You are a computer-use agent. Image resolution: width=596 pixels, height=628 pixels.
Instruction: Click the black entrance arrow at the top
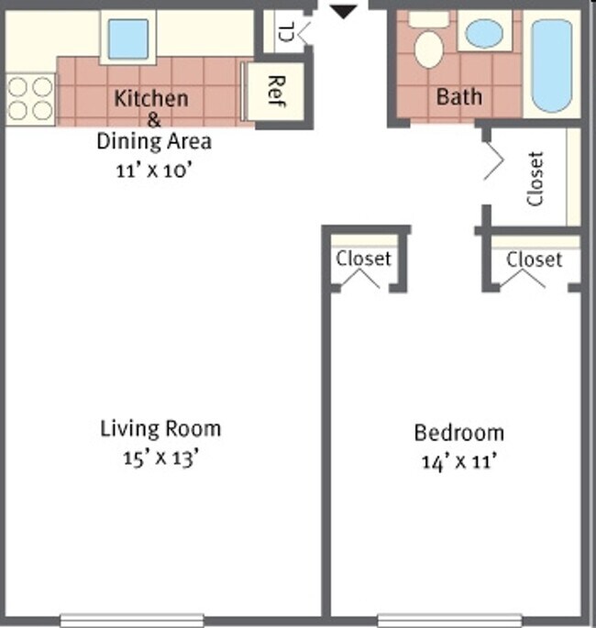point(344,11)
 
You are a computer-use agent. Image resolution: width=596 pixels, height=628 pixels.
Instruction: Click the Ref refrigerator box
point(272,92)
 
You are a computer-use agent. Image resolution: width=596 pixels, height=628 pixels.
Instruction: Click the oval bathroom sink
point(484,35)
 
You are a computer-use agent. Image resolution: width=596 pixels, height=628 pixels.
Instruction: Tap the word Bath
point(459,96)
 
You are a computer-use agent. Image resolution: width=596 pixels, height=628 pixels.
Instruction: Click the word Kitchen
point(151,98)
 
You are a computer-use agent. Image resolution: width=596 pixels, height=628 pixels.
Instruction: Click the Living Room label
point(160,428)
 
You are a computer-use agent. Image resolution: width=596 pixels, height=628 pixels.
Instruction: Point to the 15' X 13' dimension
point(160,457)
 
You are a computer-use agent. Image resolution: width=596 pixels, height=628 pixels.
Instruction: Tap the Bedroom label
point(458,433)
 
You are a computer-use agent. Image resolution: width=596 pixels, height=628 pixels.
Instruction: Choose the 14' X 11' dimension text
point(458,462)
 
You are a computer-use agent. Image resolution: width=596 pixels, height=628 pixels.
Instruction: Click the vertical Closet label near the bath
point(536,179)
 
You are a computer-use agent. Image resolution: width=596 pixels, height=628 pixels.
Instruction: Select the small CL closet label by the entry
point(285,34)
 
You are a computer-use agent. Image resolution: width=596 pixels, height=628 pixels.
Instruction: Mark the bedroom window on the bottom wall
point(449,620)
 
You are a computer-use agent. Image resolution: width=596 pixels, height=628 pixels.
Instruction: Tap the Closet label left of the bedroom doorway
point(363,259)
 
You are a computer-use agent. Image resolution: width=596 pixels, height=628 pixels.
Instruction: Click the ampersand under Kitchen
point(153,120)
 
